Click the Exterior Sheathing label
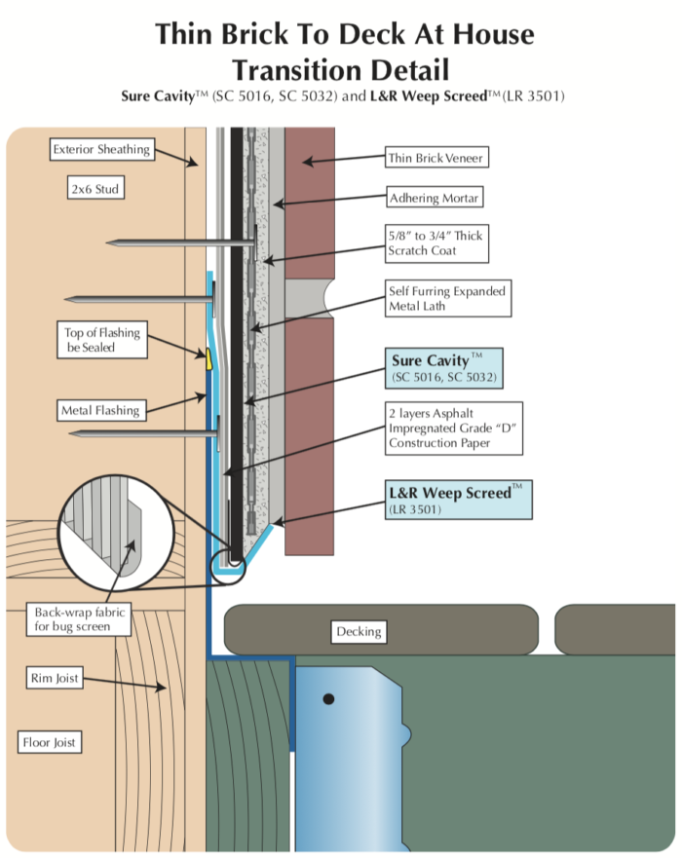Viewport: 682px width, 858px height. click(101, 150)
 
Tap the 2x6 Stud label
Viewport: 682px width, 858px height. click(95, 189)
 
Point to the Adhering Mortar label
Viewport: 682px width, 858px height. click(436, 199)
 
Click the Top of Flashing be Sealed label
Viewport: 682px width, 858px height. click(102, 340)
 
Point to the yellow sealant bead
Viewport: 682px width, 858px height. click(208, 357)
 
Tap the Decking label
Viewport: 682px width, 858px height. click(358, 631)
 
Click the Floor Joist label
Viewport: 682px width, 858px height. click(50, 743)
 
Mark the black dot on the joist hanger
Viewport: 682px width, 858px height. click(329, 698)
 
